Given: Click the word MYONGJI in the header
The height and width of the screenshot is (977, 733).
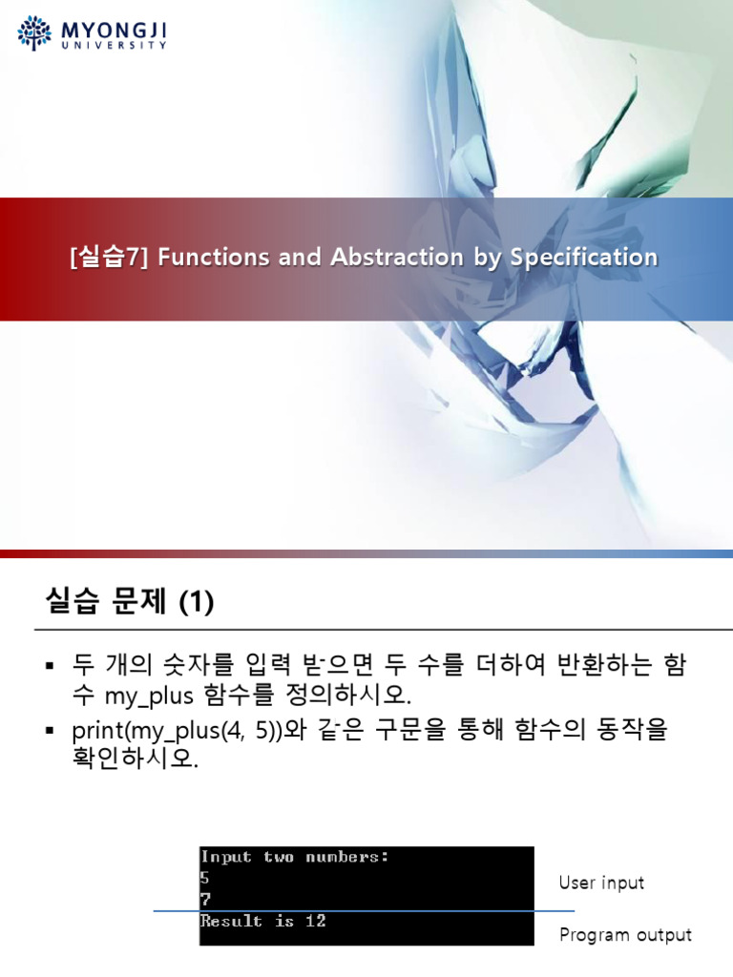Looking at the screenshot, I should coord(114,30).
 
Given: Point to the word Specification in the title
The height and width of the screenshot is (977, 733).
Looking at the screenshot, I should coord(583,258).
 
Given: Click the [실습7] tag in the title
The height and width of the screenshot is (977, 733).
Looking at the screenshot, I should coord(110,258).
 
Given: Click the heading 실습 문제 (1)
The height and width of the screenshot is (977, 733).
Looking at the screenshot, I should coord(130,602).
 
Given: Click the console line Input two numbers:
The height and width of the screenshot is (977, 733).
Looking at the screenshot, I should coord(295,857).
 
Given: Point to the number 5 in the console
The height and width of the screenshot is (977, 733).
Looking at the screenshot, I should coord(205,878).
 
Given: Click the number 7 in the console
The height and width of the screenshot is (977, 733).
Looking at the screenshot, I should coord(205,899).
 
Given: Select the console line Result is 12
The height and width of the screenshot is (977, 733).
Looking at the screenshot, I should coord(263,921).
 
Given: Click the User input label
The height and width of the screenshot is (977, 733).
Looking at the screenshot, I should coord(601,883).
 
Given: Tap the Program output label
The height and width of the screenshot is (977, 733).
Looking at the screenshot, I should coord(625,935).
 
